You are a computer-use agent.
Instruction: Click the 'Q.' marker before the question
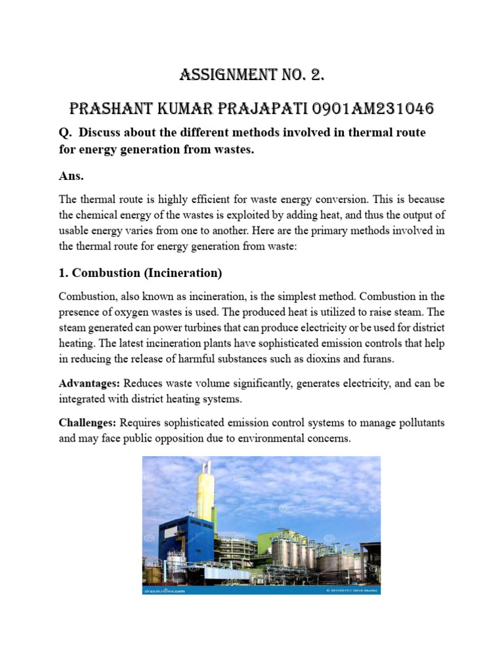click(x=64, y=133)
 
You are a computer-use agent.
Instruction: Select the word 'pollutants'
click(x=419, y=424)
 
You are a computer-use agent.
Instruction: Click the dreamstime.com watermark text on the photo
click(x=165, y=591)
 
